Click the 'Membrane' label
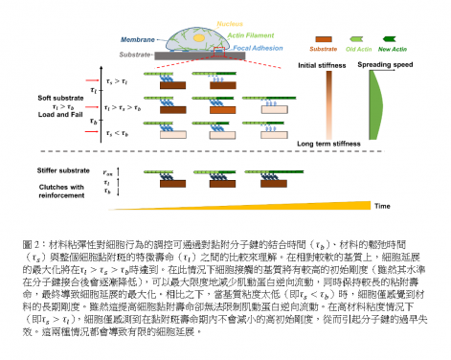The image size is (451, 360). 138,39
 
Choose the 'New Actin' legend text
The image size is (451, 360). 393,45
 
